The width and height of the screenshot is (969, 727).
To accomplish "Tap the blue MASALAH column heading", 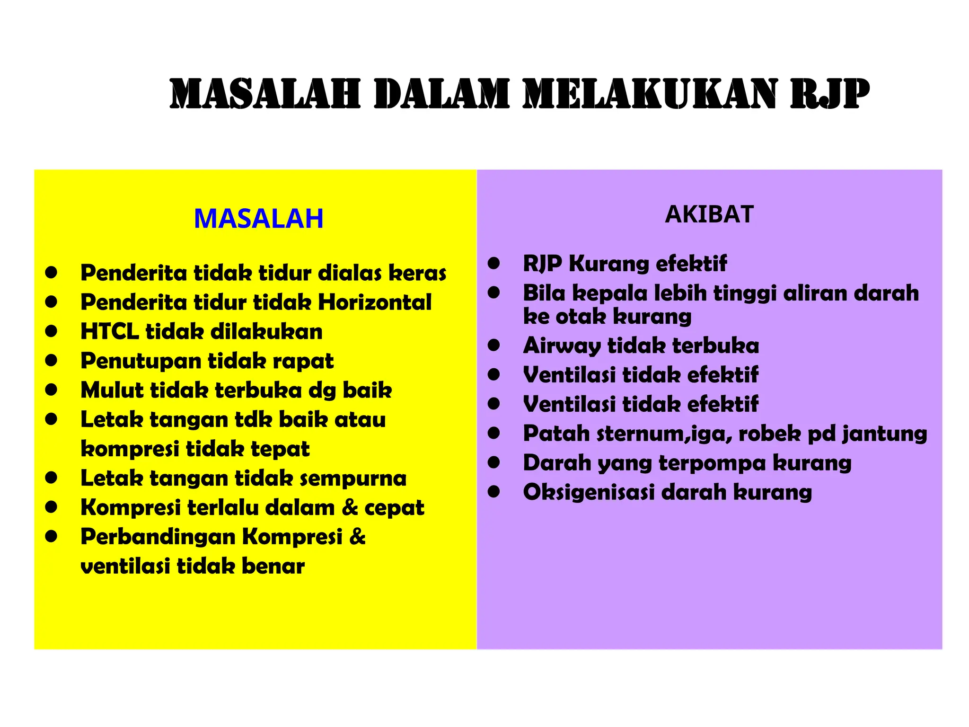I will click(x=258, y=219).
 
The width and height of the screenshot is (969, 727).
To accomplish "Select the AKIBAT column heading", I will click(x=709, y=214).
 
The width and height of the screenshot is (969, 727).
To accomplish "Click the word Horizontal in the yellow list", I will click(x=374, y=302).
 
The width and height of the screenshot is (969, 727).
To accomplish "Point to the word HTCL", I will click(x=109, y=331).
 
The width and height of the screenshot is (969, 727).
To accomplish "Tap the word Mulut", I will click(x=112, y=390).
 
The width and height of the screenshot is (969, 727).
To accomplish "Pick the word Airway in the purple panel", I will click(x=561, y=346).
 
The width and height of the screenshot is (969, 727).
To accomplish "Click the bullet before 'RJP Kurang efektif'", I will click(x=494, y=263).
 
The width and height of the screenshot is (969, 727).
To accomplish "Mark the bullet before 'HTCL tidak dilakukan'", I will click(x=51, y=331).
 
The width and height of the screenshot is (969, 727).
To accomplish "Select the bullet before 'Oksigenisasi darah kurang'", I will click(x=494, y=492).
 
